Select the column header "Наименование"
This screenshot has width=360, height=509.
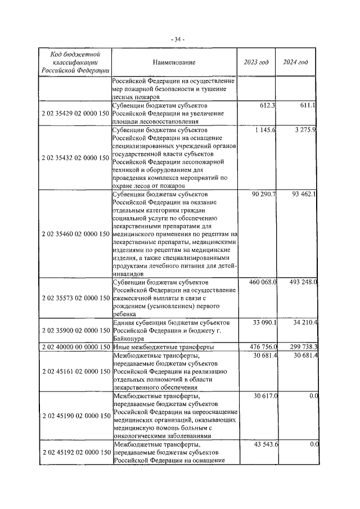coord(173,62)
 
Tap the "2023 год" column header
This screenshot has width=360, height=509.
coord(256,62)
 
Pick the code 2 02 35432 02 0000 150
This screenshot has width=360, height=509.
coord(75,158)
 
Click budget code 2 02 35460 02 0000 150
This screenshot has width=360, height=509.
coord(75,233)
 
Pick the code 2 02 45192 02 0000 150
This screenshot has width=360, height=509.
coord(75,452)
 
